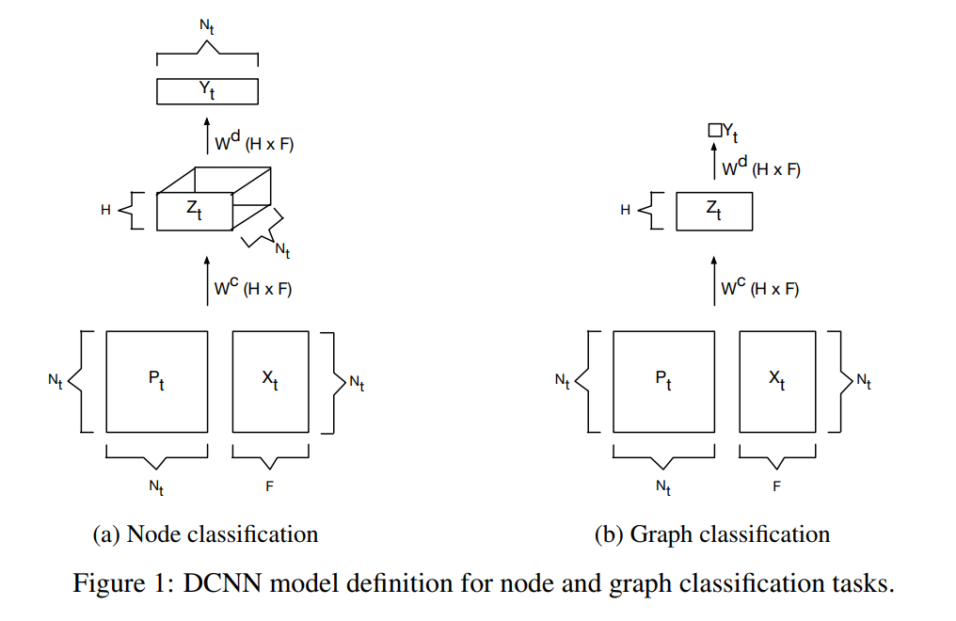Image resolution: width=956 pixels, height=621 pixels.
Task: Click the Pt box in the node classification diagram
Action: click(156, 381)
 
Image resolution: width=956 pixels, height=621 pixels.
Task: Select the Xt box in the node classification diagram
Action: click(269, 381)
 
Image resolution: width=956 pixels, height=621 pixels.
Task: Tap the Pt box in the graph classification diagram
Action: click(662, 381)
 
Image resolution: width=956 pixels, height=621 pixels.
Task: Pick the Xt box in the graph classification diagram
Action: click(777, 381)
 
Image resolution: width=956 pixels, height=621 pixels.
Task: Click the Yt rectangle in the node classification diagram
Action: click(207, 91)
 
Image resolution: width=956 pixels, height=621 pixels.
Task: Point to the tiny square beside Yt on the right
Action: click(714, 131)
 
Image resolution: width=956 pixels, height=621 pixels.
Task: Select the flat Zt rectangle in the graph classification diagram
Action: click(713, 211)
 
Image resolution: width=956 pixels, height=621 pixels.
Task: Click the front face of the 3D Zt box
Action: click(194, 211)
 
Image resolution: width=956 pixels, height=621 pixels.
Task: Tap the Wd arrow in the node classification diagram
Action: click(208, 136)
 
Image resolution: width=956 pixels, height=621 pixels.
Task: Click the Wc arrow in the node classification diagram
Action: click(208, 280)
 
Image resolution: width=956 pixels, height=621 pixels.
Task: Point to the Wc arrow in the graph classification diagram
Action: click(714, 280)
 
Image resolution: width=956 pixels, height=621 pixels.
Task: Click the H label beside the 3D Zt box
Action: click(105, 211)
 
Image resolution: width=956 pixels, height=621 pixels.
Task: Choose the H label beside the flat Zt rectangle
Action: click(625, 211)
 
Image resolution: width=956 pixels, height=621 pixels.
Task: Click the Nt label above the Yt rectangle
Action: click(207, 25)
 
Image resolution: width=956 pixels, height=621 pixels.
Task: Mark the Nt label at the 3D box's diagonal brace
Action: click(282, 249)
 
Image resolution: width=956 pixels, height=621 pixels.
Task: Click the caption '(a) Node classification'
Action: click(205, 534)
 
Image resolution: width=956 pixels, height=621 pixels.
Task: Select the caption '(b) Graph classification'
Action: click(712, 534)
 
